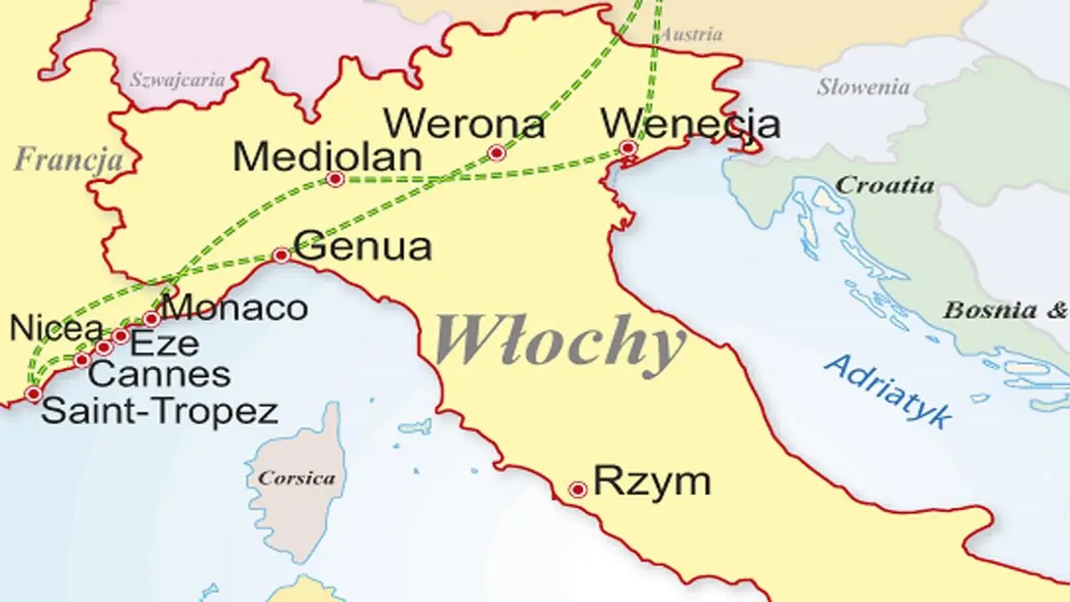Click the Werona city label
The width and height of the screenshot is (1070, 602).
coord(465,125)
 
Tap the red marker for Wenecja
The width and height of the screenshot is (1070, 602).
coord(628,148)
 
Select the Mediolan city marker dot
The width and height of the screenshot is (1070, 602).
coord(335,179)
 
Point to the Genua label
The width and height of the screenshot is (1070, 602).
coord(364,247)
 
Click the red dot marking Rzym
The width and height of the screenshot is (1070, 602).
coord(577,489)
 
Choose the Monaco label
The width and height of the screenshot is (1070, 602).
coord(235,308)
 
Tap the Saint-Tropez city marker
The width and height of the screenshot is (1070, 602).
coord(33,394)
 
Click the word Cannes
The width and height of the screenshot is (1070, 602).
coord(159,375)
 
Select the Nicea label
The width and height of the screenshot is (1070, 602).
coord(56,329)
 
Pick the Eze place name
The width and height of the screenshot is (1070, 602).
coord(166,343)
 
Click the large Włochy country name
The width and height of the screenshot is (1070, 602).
coord(558,343)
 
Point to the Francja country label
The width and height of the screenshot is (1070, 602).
coord(69,159)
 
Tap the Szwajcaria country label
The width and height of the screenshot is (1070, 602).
coord(177,81)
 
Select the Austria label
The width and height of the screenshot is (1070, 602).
coord(690,35)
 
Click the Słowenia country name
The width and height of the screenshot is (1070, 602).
coord(863,86)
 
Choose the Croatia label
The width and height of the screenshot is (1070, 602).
coord(884,185)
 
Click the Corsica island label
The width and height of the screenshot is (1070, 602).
coord(297,479)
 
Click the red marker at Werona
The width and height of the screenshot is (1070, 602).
coord(497,153)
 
